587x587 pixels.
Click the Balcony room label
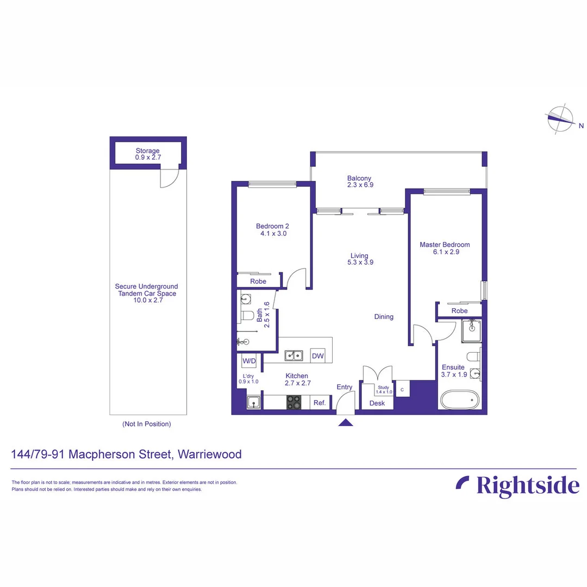click(359, 178)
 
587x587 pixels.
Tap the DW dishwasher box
click(318, 357)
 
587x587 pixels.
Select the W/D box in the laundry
click(249, 361)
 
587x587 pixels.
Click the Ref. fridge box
click(320, 403)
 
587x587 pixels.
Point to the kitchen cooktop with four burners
click(293, 402)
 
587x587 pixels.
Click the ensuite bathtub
click(459, 399)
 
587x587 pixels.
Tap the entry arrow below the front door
click(346, 423)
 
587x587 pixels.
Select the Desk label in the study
click(377, 403)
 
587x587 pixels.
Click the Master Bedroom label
click(445, 245)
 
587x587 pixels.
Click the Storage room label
click(148, 151)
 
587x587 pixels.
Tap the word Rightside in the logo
click(528, 485)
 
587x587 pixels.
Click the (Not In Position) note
click(147, 424)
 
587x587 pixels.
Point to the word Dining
click(384, 317)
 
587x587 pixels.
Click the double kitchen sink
click(295, 356)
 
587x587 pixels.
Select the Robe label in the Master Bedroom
click(460, 311)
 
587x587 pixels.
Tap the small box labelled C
click(402, 389)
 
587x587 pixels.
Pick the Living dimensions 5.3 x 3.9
click(359, 262)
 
